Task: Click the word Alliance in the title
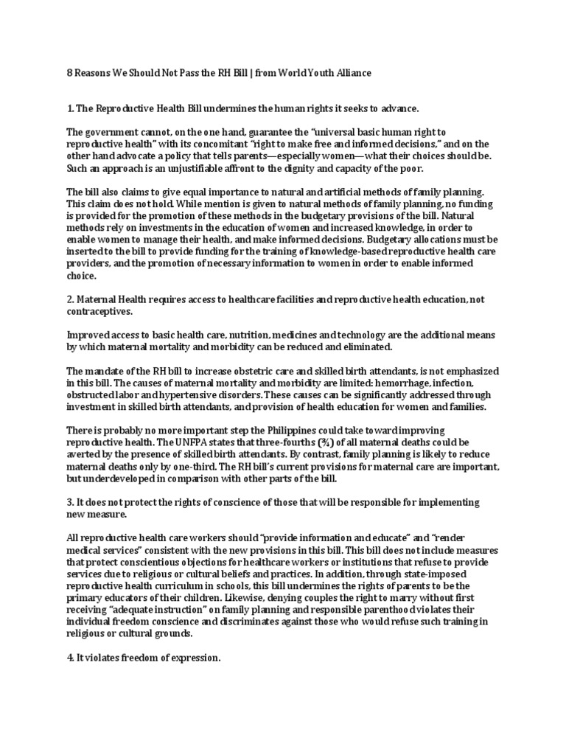tap(352, 73)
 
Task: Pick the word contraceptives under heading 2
tap(99, 312)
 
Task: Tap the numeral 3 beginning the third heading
tap(69, 502)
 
